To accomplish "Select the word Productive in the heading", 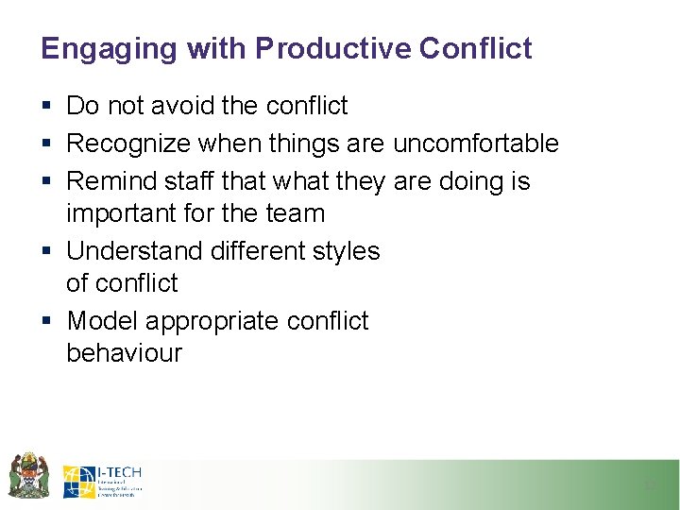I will tap(301, 48).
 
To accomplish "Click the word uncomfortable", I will tap(475, 144).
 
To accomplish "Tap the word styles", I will tap(344, 251).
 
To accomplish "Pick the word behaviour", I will tap(124, 354).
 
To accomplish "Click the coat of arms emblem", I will tap(29, 475).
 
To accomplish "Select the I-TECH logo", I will tap(102, 481).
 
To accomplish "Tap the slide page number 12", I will tap(649, 485).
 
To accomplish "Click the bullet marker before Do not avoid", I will tap(46, 107).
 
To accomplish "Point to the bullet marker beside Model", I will tap(46, 322).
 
